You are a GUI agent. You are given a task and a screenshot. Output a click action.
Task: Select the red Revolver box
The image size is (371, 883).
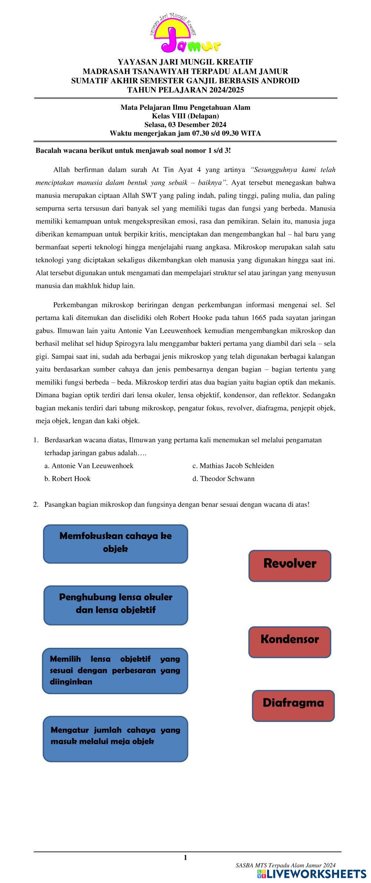(x=289, y=565)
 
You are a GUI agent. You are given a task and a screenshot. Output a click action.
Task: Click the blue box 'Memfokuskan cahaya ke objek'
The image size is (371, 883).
(x=115, y=544)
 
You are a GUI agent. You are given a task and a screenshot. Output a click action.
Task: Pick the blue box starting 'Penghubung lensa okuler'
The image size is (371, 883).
(x=115, y=605)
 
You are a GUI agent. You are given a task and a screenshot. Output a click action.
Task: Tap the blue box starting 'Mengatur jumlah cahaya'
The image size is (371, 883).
(x=115, y=738)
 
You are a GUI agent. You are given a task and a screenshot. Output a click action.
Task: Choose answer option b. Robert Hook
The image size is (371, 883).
(x=68, y=479)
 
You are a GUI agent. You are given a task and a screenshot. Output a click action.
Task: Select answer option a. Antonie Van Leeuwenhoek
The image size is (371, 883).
(x=89, y=466)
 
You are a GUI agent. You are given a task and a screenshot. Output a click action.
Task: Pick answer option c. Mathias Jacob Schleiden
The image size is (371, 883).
(x=233, y=466)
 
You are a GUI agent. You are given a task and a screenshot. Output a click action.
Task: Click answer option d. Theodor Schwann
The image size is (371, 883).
(x=223, y=479)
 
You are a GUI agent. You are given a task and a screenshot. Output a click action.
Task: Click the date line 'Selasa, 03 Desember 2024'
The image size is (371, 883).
(x=185, y=125)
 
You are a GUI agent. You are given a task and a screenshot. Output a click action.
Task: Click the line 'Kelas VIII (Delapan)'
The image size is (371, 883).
(x=185, y=116)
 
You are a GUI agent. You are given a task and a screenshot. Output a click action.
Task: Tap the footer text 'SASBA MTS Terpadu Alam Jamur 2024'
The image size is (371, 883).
(x=285, y=865)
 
